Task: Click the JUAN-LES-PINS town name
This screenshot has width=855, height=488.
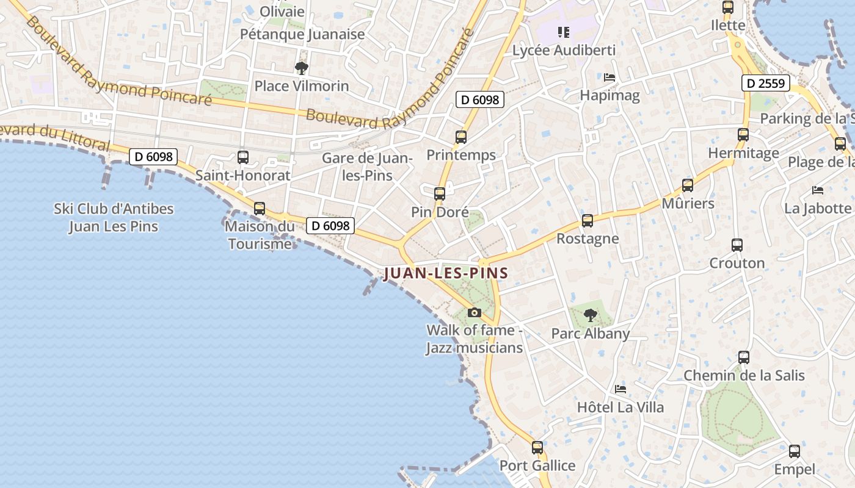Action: pos(446,273)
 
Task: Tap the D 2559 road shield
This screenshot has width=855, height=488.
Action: pos(766,83)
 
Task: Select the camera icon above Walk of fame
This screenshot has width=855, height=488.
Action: pos(474,313)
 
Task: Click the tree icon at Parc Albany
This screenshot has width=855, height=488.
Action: pos(590,315)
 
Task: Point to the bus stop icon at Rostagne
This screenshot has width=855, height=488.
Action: pos(588,221)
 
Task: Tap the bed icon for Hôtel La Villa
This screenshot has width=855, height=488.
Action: pos(620,389)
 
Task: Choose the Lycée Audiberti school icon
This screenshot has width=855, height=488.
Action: pos(563,32)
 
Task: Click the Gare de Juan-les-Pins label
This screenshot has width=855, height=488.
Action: pos(367,167)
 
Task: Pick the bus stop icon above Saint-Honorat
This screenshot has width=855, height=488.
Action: pos(242,157)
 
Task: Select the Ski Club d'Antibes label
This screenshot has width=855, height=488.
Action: pos(114,217)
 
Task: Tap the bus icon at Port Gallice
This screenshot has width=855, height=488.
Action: pos(537,448)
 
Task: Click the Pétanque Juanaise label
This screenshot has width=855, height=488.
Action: pos(302,34)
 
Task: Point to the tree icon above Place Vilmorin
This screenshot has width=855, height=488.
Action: pos(301,68)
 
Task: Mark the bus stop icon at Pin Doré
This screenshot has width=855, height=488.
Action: pos(440,194)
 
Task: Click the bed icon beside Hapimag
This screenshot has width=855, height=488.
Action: pos(609,77)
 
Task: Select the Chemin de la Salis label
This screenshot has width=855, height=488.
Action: pos(744,375)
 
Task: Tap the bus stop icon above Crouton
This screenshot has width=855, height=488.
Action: pos(737,245)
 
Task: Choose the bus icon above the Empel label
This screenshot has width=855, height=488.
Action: pos(794,451)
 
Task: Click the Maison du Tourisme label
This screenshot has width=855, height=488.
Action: pos(260,235)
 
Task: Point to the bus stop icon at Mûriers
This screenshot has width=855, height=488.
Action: pos(688,185)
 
